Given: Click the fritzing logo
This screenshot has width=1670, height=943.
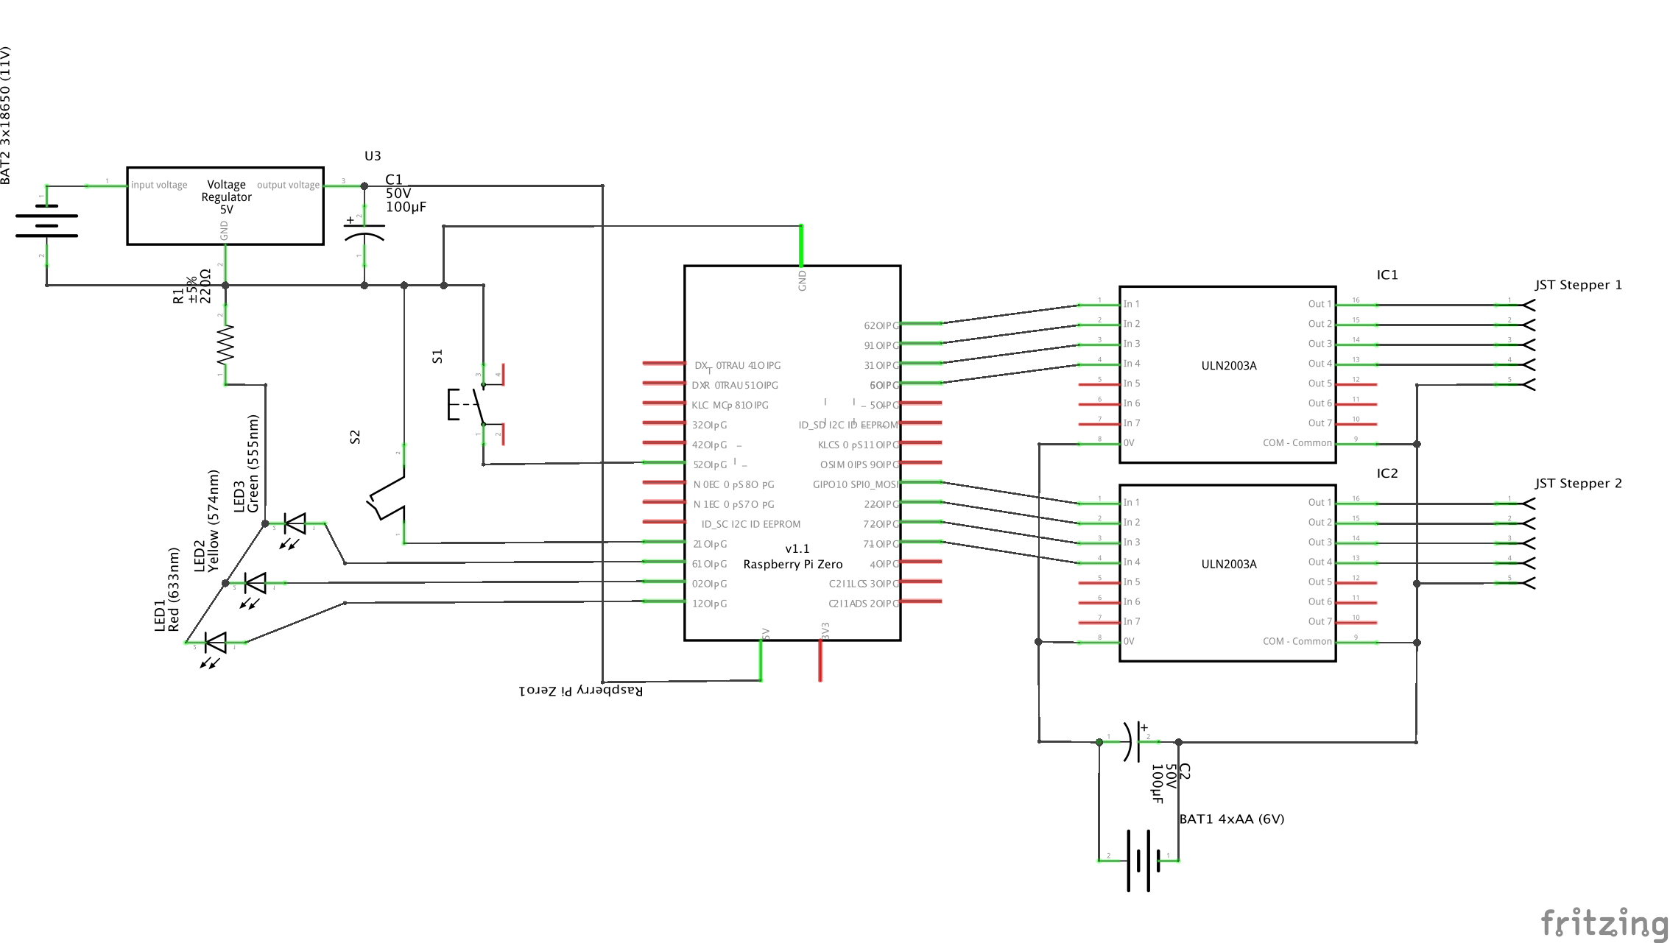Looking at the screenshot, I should click(1604, 922).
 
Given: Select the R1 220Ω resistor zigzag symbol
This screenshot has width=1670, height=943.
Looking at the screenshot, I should click(225, 346).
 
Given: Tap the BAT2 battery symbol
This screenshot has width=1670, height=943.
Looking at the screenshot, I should click(46, 221).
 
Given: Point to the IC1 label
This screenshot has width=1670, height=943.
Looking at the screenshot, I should click(1387, 275).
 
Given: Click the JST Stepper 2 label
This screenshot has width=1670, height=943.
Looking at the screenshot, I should click(1578, 484).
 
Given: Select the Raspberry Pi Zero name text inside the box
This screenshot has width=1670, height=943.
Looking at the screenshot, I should click(792, 564).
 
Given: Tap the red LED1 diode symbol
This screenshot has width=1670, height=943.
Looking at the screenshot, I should click(216, 643).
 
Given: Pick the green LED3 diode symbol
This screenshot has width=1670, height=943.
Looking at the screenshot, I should click(295, 524).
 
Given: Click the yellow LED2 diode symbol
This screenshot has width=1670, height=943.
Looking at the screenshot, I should click(256, 583).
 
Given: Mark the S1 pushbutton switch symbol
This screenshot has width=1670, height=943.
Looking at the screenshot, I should click(471, 403).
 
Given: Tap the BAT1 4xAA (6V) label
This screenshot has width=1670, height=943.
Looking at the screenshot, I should click(1231, 819).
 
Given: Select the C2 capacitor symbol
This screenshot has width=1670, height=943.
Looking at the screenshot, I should click(1132, 741).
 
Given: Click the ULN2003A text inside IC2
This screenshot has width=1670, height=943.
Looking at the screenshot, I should click(1229, 564).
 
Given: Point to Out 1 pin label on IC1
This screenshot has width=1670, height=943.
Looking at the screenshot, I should click(1319, 304).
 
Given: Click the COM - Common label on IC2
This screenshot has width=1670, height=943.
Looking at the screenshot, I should click(1297, 641).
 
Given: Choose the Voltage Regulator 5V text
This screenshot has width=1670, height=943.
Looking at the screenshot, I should click(226, 197).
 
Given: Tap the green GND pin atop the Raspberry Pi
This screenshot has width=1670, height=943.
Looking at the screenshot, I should click(801, 245).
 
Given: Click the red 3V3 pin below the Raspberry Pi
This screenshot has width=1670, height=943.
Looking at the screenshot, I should click(820, 660).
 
